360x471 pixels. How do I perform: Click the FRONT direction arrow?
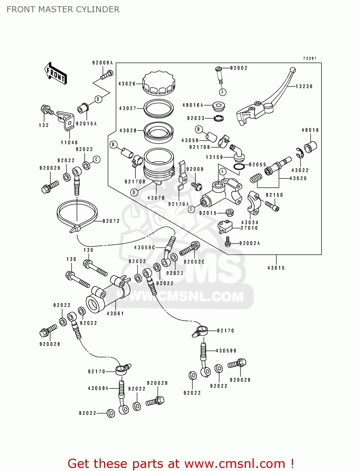coord(56,73)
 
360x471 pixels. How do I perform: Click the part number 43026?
coord(127,84)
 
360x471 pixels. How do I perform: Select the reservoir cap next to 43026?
coord(159,83)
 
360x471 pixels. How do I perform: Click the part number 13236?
coord(304,86)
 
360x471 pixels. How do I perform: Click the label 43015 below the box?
coord(276,268)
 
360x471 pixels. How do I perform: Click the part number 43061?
coord(115,313)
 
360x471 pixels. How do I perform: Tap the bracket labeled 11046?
coord(66,120)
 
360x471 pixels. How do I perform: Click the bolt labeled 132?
coord(46,110)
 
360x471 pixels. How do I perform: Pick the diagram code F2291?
coord(310,58)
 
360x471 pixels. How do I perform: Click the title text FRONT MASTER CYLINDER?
coord(63,9)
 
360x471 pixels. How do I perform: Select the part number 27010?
coord(249,228)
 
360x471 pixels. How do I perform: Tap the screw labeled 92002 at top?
coord(220,73)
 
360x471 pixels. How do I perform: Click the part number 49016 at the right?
coord(310,130)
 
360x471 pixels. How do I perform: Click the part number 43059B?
coord(226,351)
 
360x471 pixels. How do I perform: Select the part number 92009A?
coord(102,63)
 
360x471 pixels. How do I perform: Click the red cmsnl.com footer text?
coord(181,463)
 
